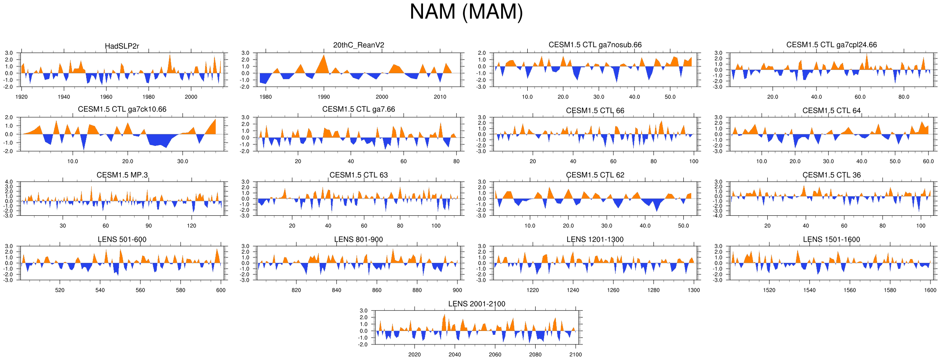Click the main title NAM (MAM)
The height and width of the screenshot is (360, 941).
pos(466,12)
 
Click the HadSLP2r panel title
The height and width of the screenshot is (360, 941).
pos(122,46)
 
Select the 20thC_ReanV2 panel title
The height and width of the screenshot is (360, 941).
pos(359,45)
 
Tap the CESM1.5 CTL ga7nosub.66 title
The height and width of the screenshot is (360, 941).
pos(595,45)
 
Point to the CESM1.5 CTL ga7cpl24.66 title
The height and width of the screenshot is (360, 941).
pos(831,45)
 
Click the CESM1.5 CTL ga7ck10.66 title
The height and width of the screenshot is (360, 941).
pos(122,109)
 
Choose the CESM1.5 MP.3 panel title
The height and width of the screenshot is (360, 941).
pos(122,175)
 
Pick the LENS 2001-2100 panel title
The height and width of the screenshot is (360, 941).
pos(476,304)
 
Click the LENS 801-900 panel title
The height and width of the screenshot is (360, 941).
pos(358,239)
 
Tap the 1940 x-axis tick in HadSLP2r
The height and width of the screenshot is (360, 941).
pos(64,97)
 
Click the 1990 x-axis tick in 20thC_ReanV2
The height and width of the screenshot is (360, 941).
pos(324,97)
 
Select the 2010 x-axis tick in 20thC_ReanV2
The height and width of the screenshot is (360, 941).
pos(440,97)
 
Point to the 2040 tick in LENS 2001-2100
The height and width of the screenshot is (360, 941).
pos(455,355)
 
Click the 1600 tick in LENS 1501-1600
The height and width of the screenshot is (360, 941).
pos(930,290)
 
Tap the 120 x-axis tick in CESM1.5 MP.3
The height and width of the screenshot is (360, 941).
pos(192,226)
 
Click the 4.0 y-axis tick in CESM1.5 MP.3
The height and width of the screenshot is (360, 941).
pos(9,182)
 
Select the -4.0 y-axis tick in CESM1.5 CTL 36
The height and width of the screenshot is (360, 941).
pos(718,216)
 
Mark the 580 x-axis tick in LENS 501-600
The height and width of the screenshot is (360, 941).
pos(180,290)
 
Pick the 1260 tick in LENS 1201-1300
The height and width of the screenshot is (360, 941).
pos(613,290)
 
